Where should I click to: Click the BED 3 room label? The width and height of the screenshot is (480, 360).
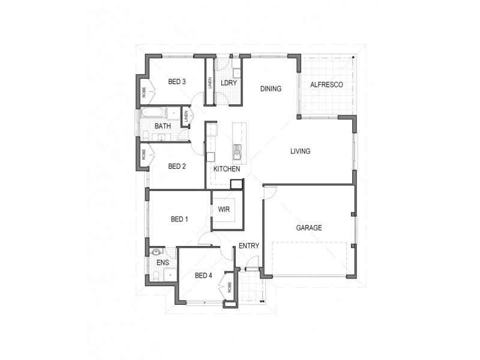176,82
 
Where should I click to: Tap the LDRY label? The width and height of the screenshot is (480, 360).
228,83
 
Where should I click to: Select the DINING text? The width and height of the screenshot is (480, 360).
271,89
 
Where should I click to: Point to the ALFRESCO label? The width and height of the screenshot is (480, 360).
326,85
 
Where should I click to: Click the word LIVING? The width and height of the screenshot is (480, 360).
300,151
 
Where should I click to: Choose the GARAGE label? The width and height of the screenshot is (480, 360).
309,228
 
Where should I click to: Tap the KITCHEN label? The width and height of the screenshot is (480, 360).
227,170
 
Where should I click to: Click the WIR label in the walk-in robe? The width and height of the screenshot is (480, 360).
225,209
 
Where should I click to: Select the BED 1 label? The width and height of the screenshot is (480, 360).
179,220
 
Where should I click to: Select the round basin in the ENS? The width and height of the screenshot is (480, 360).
157,253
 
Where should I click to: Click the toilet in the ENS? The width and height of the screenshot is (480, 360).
155,275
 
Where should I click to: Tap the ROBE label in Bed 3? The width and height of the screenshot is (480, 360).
144,92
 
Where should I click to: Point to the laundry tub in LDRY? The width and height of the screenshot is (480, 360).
236,74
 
